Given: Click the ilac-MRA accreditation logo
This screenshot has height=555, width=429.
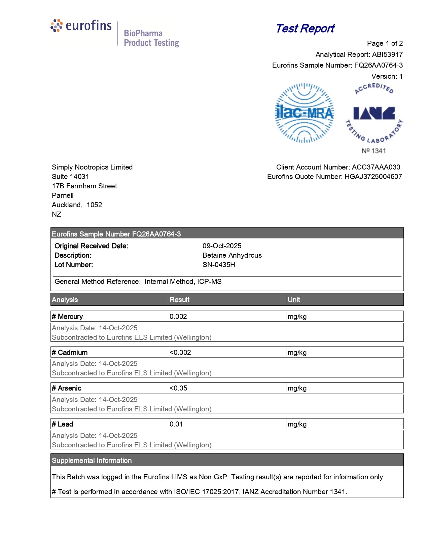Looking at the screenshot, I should pyautogui.click(x=305, y=113).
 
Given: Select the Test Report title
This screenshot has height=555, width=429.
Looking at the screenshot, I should pyautogui.click(x=305, y=29).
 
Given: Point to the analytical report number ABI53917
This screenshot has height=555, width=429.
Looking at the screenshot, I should pyautogui.click(x=387, y=54).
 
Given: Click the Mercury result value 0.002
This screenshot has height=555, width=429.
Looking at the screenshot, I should pyautogui.click(x=178, y=317).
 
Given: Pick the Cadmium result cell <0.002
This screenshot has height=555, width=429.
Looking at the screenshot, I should pyautogui.click(x=180, y=353).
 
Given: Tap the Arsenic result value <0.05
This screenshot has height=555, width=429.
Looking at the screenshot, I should pyautogui.click(x=179, y=388).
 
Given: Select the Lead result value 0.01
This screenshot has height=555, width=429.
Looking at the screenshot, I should pyautogui.click(x=176, y=424).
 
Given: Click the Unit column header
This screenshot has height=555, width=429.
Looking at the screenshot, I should pyautogui.click(x=294, y=300).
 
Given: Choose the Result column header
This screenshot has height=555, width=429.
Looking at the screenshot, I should pyautogui.click(x=179, y=300).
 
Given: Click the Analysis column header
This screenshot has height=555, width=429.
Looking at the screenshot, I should pyautogui.click(x=65, y=300).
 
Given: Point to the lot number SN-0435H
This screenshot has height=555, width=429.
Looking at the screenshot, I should pyautogui.click(x=219, y=265).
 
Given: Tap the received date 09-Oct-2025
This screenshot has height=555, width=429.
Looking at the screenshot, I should pyautogui.click(x=222, y=246).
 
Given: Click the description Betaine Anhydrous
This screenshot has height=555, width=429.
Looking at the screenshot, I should pyautogui.click(x=232, y=255).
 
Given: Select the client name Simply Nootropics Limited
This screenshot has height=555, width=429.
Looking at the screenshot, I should pyautogui.click(x=92, y=167).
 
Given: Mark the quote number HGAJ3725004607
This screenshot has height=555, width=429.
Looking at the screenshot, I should pyautogui.click(x=373, y=177).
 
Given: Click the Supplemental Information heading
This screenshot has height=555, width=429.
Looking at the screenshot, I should pyautogui.click(x=92, y=460).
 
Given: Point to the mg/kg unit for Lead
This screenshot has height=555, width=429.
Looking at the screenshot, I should pyautogui.click(x=297, y=424).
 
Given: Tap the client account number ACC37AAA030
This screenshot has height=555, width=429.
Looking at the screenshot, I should pyautogui.click(x=376, y=167).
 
